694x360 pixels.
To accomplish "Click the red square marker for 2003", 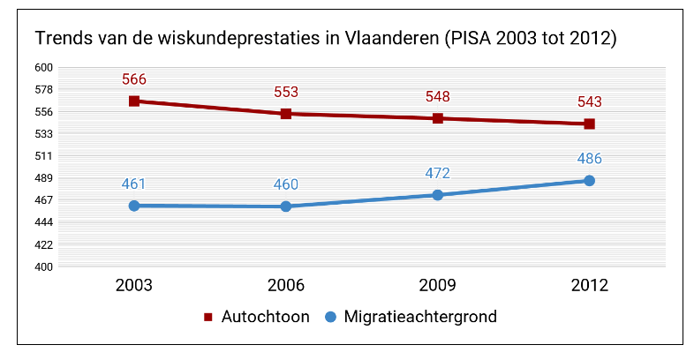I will [x=134, y=101].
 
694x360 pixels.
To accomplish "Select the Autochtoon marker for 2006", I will [x=286, y=114].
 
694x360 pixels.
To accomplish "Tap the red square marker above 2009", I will [x=438, y=118].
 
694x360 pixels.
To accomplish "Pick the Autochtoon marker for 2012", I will [x=589, y=124].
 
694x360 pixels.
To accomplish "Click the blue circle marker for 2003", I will [x=134, y=206].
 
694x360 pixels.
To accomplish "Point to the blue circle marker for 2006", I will [x=286, y=206].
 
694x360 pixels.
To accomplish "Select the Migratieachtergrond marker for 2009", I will [x=438, y=195].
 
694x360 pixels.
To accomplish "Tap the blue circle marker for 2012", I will [x=589, y=181].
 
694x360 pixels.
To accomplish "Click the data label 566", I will [x=134, y=80].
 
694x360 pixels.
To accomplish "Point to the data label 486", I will [x=589, y=160].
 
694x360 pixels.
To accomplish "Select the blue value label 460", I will [x=286, y=185].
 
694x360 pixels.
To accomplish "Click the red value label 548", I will [x=438, y=97].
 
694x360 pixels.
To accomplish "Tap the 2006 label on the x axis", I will [x=286, y=286].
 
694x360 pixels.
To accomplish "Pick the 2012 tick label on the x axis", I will [x=589, y=286].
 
